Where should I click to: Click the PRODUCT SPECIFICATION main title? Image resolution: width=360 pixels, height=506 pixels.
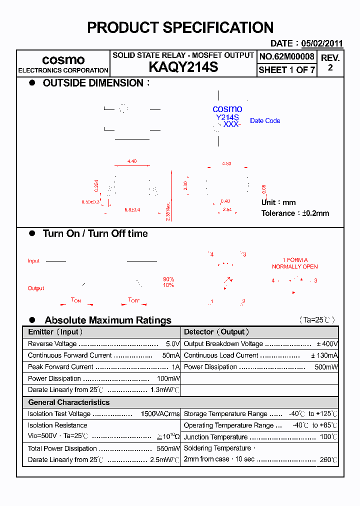(180, 28)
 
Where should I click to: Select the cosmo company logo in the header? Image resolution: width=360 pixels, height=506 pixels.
(63, 60)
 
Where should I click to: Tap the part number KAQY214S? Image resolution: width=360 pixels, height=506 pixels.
(183, 67)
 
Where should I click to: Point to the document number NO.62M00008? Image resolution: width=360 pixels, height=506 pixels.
(286, 56)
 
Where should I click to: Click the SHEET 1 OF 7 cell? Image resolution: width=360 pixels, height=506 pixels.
(286, 70)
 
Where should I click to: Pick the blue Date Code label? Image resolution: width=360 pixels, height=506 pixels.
(265, 120)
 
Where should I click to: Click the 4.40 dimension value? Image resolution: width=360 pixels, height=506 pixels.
(132, 161)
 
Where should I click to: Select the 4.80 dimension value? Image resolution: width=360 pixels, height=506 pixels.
(226, 163)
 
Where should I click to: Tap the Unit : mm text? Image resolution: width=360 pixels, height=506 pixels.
(278, 202)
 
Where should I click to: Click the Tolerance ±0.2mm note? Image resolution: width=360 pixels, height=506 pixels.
(295, 213)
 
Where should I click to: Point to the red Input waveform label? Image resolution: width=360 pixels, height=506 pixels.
(33, 261)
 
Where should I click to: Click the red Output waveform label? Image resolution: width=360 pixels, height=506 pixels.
(36, 288)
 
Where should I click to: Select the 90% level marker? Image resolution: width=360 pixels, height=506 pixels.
(168, 279)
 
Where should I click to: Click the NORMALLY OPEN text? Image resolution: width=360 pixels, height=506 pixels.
(294, 266)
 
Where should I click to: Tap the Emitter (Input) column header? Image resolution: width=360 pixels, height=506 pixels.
(55, 332)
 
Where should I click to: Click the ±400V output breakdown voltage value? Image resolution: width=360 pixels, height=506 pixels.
(327, 344)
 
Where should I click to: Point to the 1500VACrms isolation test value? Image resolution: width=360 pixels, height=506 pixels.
(160, 414)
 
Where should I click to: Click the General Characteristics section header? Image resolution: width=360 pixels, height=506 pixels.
(69, 402)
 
